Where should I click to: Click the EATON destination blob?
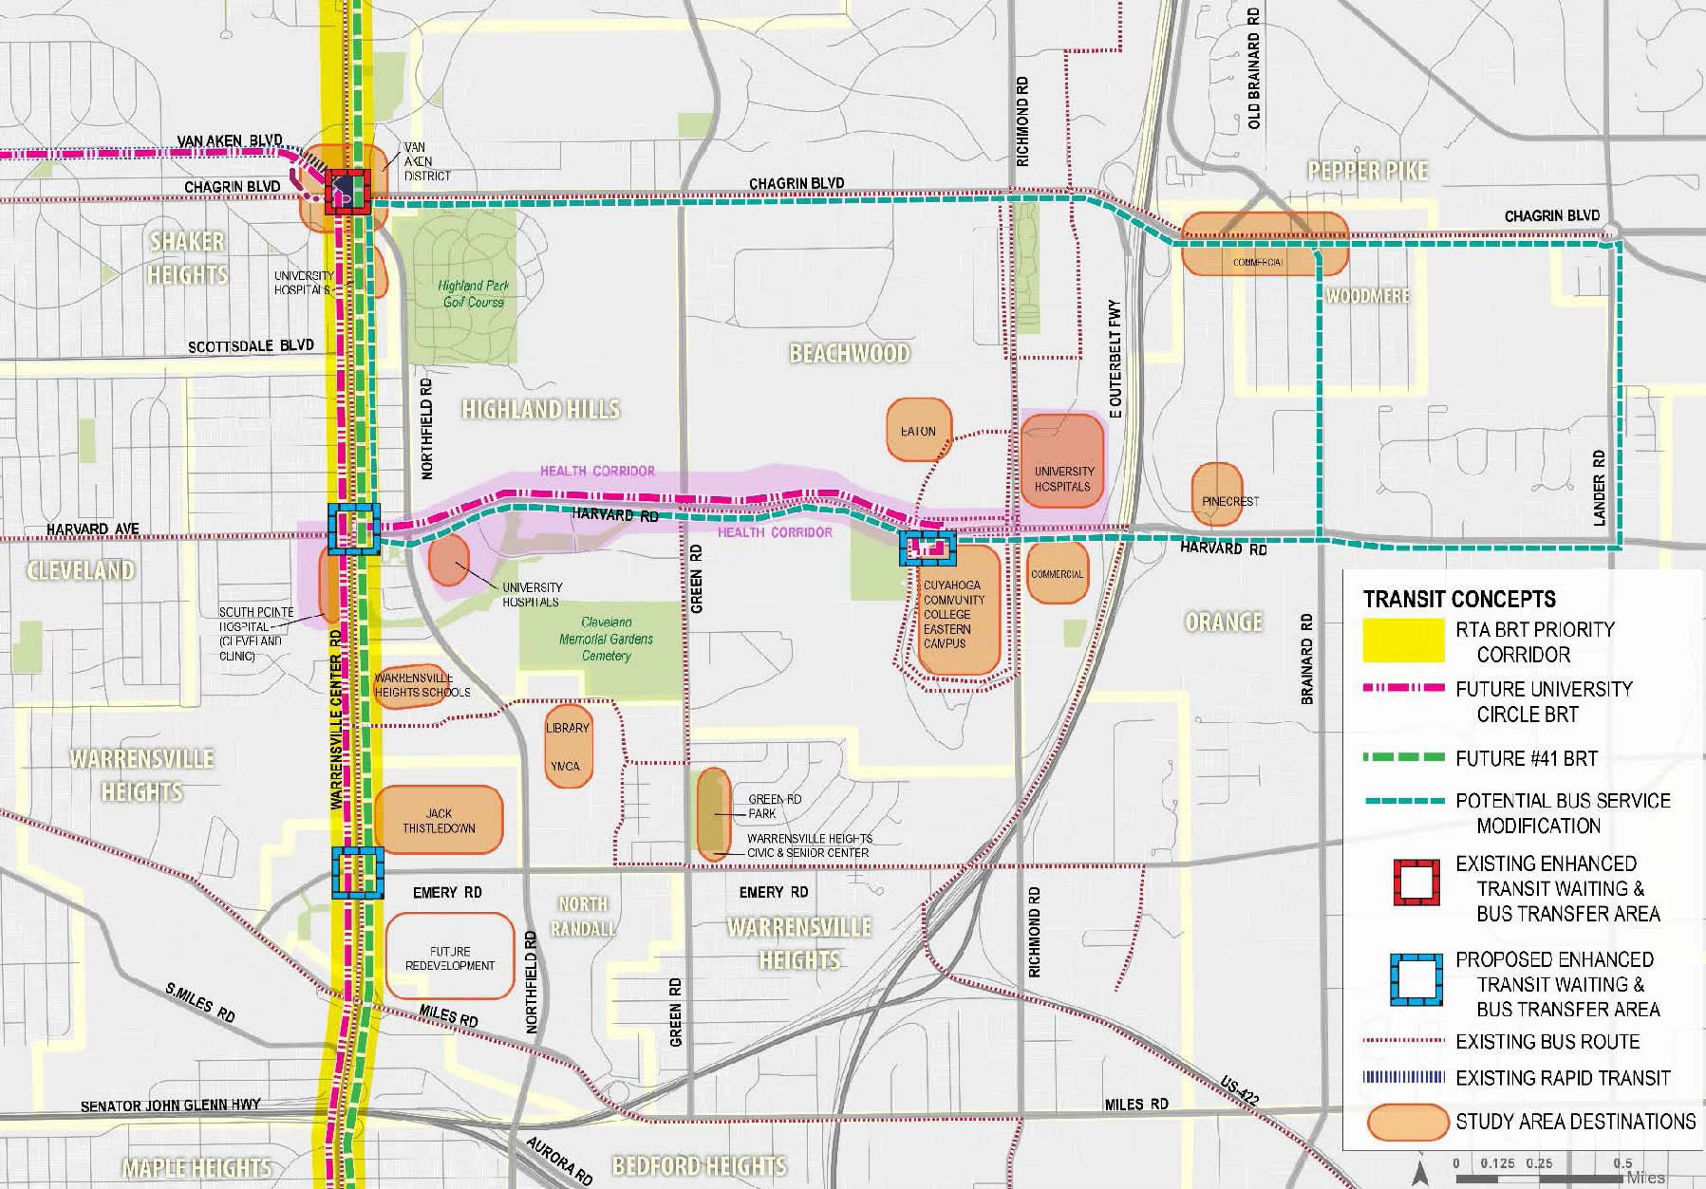[x=918, y=431]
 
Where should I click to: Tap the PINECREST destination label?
[x=1229, y=501]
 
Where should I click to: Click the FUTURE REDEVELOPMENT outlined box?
[x=449, y=957]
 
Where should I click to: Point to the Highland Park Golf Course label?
[x=474, y=293]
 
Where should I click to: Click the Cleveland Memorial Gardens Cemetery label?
[x=606, y=639]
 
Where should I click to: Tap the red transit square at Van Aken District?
[x=341, y=192]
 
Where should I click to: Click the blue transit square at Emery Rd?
[x=358, y=873]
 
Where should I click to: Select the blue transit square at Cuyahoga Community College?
[x=927, y=548]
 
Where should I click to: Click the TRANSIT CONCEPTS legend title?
[x=1459, y=599]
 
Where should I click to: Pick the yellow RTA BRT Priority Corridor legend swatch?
[x=1403, y=641]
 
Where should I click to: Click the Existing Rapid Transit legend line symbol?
[x=1403, y=1078]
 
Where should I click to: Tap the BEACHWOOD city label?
[x=850, y=353]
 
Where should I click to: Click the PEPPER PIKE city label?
[x=1367, y=171]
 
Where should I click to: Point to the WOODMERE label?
[x=1367, y=296]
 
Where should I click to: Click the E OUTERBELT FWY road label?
[x=1115, y=360]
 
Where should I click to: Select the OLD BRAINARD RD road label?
[x=1254, y=68]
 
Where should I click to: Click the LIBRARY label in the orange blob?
[x=568, y=728]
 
